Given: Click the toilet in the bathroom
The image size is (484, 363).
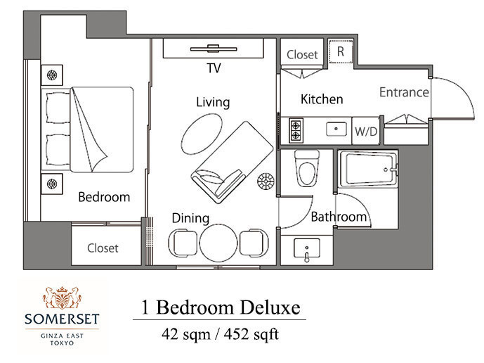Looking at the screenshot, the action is click(x=306, y=169).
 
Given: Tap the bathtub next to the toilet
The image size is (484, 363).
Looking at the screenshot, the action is click(x=367, y=169).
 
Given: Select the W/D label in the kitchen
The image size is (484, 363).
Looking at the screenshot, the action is click(x=366, y=132).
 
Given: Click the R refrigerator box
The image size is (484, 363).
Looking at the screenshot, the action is click(x=341, y=51).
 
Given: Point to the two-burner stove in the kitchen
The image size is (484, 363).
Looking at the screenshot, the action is click(x=296, y=130).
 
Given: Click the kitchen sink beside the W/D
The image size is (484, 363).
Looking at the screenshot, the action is click(x=336, y=129).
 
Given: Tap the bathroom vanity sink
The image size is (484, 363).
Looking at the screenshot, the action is click(x=307, y=248).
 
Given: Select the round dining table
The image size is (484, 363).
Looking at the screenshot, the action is click(x=218, y=243).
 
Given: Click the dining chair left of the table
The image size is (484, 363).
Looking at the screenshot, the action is click(x=183, y=243).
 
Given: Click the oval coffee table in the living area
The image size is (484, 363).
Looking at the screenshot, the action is click(x=202, y=134).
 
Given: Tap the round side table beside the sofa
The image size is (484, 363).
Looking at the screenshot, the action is click(x=266, y=181).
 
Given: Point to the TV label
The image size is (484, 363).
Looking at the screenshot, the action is click(x=214, y=68).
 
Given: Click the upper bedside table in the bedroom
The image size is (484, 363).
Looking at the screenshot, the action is click(x=52, y=75).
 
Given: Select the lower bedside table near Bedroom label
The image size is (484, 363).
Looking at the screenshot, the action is click(x=52, y=184).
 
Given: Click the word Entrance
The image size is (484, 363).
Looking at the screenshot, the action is click(x=404, y=92).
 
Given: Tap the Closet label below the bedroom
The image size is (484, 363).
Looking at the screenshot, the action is click(x=103, y=248).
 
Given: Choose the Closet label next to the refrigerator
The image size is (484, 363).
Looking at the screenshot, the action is click(x=302, y=55).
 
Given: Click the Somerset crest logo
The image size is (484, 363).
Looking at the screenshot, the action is click(x=62, y=298).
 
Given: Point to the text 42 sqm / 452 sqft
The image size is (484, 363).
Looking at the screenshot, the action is click(x=220, y=334).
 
